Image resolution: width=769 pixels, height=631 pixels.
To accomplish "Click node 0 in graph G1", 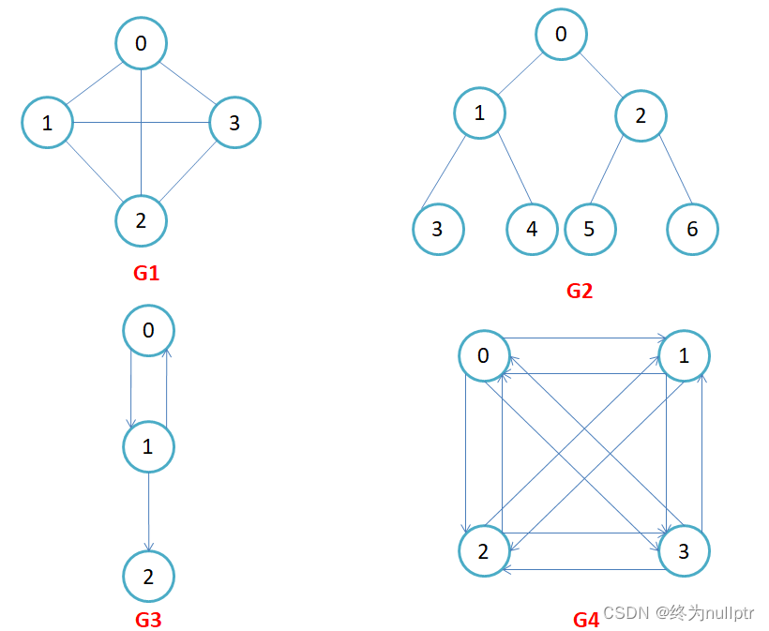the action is (141, 43).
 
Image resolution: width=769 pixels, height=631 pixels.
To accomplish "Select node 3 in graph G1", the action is (234, 122).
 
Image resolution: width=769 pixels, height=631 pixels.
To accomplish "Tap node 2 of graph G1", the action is (141, 220).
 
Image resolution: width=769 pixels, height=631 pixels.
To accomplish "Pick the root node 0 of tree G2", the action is (561, 35).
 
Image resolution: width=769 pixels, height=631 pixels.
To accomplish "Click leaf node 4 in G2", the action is (532, 229).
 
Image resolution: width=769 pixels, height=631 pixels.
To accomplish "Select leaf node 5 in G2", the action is (590, 229).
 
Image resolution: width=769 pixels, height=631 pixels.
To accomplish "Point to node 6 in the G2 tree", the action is (692, 229).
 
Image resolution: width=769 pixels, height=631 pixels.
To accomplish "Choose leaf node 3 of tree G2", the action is (438, 229).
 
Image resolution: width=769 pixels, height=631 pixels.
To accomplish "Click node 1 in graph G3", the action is (148, 446).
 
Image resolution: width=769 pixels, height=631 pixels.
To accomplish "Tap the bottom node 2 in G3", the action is (148, 575).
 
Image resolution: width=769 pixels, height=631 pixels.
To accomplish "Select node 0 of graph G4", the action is (484, 356).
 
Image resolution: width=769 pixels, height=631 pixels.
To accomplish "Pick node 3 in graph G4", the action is (684, 551).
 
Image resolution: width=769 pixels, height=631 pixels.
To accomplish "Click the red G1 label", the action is (146, 274).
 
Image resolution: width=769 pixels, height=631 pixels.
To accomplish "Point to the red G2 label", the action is (580, 291).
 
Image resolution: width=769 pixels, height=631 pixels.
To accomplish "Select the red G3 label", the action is (148, 619).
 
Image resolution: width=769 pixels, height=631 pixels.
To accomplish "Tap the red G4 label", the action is (585, 620).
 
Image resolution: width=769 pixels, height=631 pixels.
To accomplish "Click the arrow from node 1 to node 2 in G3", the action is (148, 511).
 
